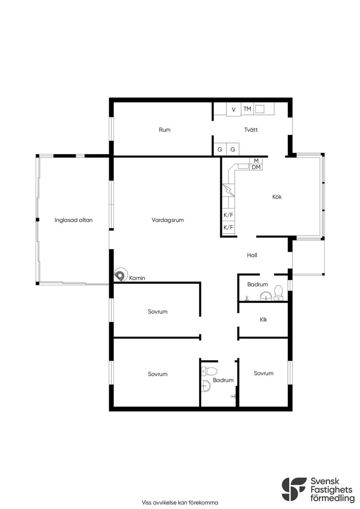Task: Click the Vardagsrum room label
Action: pos(168,220)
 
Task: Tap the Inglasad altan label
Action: pos(73,220)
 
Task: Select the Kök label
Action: pos(277,197)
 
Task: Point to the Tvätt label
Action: pos(251,130)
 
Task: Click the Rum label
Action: pos(165,130)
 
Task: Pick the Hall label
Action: pos(252,255)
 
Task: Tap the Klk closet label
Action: pos(263,320)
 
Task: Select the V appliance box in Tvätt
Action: pos(233,109)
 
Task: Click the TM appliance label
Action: pos(247,109)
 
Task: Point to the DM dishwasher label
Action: pos(256,167)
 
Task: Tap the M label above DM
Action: pos(256,161)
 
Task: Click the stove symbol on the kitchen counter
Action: pos(228,190)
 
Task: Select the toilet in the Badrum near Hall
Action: pos(278,293)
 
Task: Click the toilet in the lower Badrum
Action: pos(209,371)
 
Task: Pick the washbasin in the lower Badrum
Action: pos(206,385)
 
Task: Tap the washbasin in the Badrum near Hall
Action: pos(266,296)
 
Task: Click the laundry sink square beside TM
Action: pos(259,109)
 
